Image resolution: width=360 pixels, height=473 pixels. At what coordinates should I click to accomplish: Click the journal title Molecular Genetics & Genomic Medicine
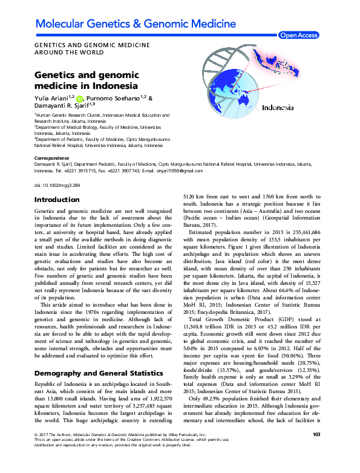136,24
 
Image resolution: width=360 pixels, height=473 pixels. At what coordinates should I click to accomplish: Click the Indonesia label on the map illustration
278,108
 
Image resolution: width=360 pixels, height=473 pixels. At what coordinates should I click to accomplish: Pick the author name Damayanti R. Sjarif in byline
64,106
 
